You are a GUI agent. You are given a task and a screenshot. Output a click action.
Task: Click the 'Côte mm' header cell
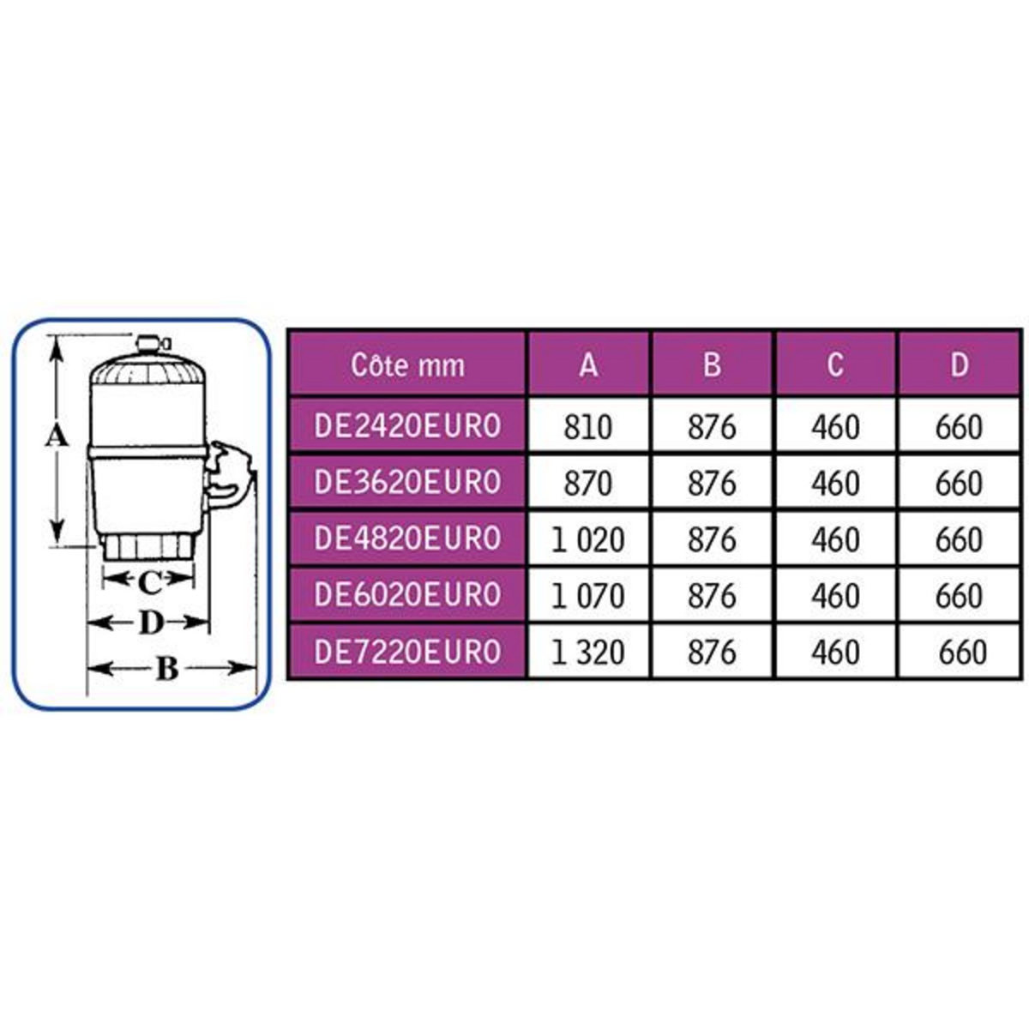coord(407,365)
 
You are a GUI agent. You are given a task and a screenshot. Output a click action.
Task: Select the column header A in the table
coord(588,365)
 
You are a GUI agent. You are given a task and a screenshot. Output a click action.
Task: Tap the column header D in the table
coord(959,365)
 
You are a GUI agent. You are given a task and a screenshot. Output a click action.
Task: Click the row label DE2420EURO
coord(407,426)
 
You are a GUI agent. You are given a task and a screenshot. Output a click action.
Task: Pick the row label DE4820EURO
coord(407,539)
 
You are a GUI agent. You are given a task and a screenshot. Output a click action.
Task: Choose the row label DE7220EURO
coord(407,652)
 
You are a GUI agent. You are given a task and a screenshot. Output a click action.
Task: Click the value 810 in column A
coord(588,427)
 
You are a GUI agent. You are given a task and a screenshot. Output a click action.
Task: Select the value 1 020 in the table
coord(588,540)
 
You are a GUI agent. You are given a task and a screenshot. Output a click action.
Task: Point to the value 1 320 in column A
coord(588,653)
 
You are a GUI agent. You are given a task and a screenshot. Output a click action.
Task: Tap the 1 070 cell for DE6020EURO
coord(588,596)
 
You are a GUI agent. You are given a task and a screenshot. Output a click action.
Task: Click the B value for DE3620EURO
coord(712,484)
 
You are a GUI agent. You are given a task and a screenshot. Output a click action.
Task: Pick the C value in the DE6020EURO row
coord(834,596)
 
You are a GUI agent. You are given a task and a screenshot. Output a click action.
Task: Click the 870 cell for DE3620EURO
coord(588,484)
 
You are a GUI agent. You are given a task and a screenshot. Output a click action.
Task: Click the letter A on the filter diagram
coord(56,437)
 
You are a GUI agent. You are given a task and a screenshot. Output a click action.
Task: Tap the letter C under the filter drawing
coord(149,584)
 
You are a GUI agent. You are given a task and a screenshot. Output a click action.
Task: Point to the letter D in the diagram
coord(150,623)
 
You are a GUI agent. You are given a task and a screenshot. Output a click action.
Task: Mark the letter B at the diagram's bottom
coord(167,668)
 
